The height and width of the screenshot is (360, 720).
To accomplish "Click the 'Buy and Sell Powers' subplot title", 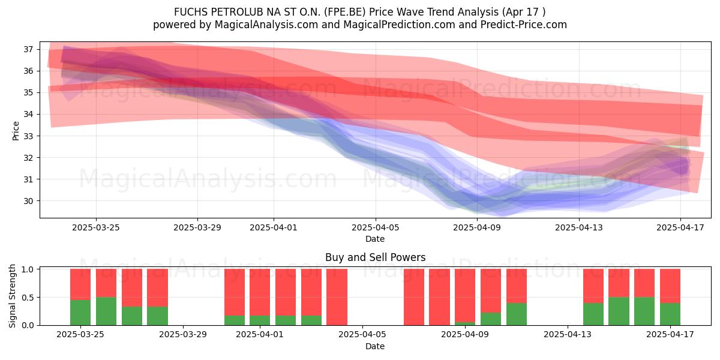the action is pyautogui.click(x=375, y=257).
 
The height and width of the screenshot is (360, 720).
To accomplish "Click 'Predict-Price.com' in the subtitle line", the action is pyautogui.click(x=523, y=25).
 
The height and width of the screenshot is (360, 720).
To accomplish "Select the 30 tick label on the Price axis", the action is pyautogui.click(x=28, y=201).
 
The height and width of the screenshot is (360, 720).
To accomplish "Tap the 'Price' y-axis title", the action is pyautogui.click(x=16, y=131).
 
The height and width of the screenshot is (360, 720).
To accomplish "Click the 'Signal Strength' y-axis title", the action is pyautogui.click(x=12, y=296).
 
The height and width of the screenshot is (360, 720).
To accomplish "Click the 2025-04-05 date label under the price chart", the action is pyautogui.click(x=376, y=227).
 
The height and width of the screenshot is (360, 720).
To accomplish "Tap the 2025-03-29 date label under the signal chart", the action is pyautogui.click(x=183, y=335).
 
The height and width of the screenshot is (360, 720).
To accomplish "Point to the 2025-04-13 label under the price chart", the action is pyautogui.click(x=579, y=227).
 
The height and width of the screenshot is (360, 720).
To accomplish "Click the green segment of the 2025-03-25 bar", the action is pyautogui.click(x=80, y=313).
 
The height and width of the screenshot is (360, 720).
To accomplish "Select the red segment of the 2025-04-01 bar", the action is pyautogui.click(x=260, y=292).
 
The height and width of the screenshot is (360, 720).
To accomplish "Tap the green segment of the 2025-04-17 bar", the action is pyautogui.click(x=670, y=314).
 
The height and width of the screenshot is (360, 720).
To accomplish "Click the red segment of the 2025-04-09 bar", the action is pyautogui.click(x=465, y=295).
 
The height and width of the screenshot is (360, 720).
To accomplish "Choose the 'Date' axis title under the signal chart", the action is pyautogui.click(x=375, y=346).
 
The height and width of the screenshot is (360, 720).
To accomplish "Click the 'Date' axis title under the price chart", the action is pyautogui.click(x=375, y=239).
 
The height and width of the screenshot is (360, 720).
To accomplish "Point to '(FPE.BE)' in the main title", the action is pyautogui.click(x=345, y=12).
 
